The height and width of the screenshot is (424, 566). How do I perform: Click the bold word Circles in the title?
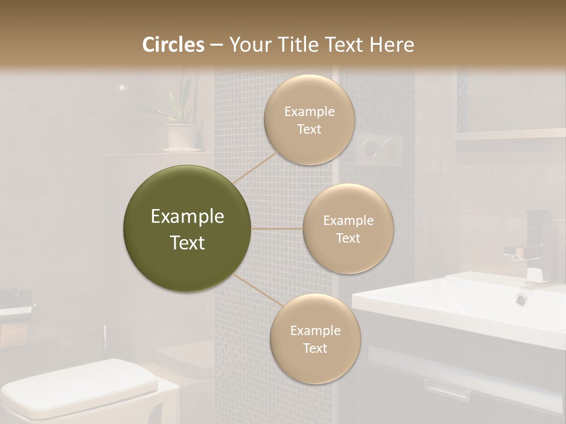click(x=173, y=45)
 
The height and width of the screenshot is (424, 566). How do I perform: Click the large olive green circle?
click(x=187, y=228)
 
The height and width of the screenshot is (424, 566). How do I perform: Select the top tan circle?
click(x=310, y=120)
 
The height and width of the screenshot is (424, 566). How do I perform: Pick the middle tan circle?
click(x=348, y=228)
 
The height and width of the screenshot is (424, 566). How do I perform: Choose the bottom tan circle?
click(x=315, y=339)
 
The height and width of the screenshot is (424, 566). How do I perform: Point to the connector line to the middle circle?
click(x=277, y=228)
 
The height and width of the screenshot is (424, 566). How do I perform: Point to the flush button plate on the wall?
click(x=378, y=148)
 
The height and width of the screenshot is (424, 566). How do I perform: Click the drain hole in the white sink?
click(x=521, y=300)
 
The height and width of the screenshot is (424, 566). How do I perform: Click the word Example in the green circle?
click(x=187, y=217)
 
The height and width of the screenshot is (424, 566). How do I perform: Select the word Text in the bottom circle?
click(x=315, y=348)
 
